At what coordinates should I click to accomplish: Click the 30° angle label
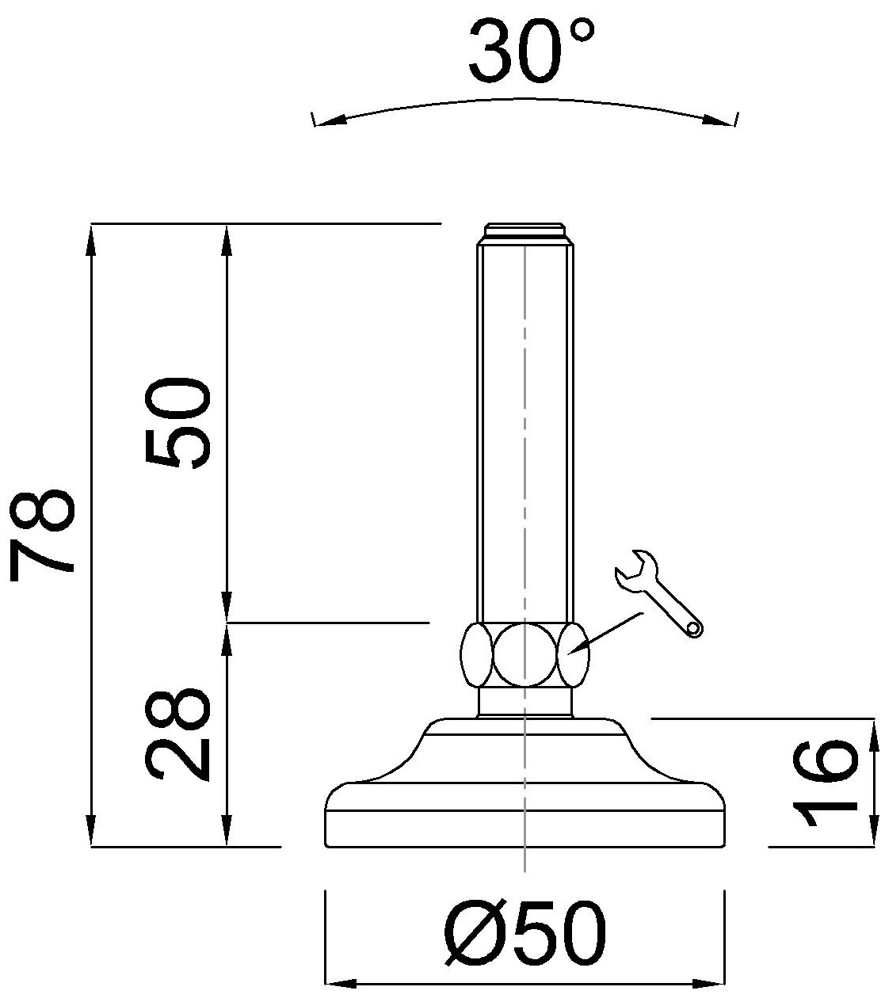(x=530, y=52)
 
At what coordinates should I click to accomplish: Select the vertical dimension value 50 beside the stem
(x=177, y=423)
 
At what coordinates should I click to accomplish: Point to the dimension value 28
(x=177, y=734)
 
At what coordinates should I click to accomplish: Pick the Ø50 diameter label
(x=525, y=933)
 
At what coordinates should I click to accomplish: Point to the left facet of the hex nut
(x=477, y=654)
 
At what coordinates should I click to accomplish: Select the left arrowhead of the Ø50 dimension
(x=341, y=985)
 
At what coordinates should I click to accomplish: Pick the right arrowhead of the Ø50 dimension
(x=710, y=985)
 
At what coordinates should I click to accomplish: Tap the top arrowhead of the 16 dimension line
(x=875, y=733)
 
